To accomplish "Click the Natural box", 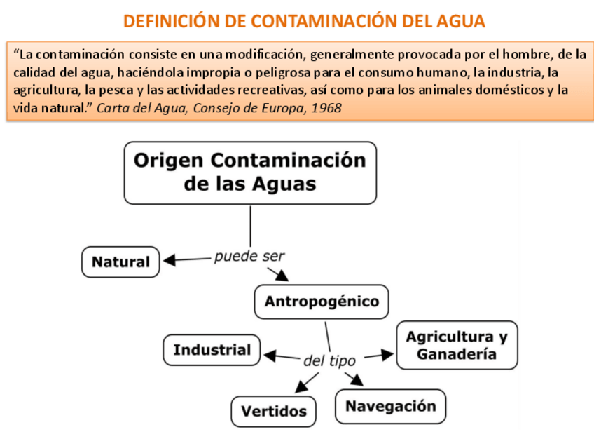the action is click(x=120, y=262).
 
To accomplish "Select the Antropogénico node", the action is click(x=322, y=302).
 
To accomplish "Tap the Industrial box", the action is click(x=212, y=350).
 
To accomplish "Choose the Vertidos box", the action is click(x=274, y=411).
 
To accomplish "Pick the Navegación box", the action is click(x=390, y=406).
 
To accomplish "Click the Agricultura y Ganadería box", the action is click(x=457, y=345).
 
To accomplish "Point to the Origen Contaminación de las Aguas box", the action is click(x=250, y=173).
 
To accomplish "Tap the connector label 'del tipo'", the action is click(x=329, y=361).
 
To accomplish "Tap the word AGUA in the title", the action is click(x=459, y=22).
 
